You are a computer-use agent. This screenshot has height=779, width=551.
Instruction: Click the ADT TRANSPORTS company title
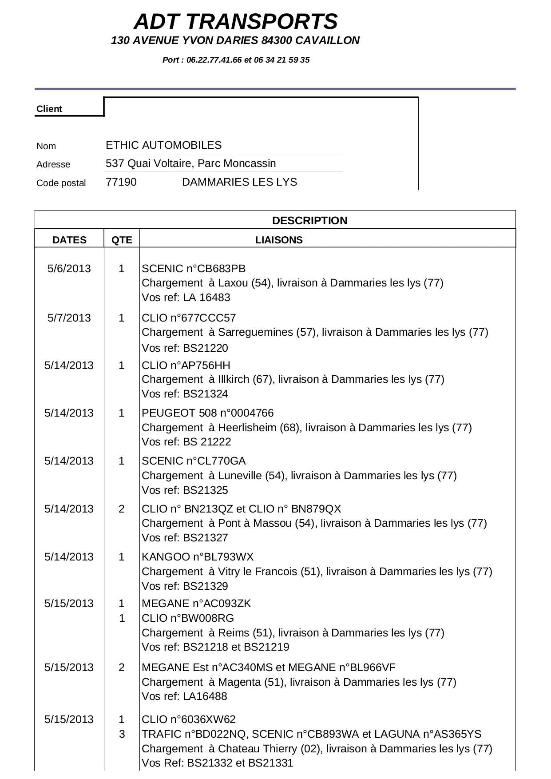pyautogui.click(x=236, y=22)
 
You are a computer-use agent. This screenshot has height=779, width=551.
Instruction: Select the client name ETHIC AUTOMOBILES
pyautogui.click(x=163, y=145)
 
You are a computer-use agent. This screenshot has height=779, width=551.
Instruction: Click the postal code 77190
pyautogui.click(x=121, y=182)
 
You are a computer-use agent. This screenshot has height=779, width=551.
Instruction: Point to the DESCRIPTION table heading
pyautogui.click(x=309, y=221)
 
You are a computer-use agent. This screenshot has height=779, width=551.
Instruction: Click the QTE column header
pyautogui.click(x=122, y=240)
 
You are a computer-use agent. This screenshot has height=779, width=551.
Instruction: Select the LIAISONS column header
pyautogui.click(x=279, y=240)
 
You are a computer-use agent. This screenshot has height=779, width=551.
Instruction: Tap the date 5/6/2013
pyautogui.click(x=69, y=269)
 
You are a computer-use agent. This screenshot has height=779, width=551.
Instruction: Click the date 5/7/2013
pyautogui.click(x=69, y=318)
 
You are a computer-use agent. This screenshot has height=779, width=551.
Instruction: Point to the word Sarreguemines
pyautogui.click(x=255, y=332)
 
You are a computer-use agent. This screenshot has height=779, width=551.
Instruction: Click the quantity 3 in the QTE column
pyautogui.click(x=122, y=734)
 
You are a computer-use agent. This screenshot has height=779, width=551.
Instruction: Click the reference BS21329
pyautogui.click(x=206, y=586)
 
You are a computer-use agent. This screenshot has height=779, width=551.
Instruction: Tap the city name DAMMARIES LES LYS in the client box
pyautogui.click(x=239, y=182)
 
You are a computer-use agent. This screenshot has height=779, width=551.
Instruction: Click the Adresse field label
pyautogui.click(x=53, y=164)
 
